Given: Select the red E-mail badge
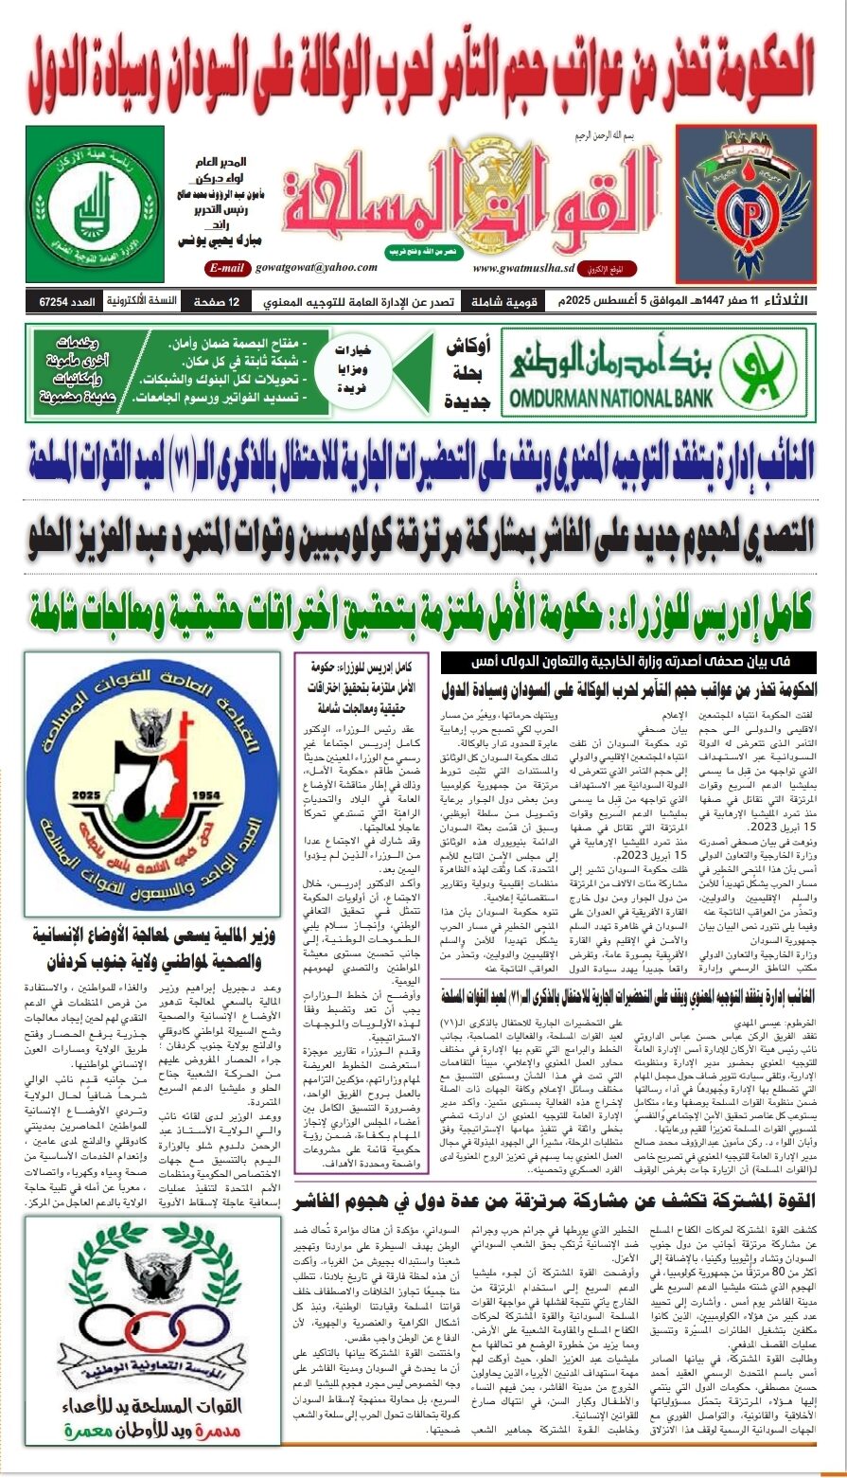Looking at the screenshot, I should click(x=227, y=268).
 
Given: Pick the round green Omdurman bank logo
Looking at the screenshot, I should click(x=759, y=371).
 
